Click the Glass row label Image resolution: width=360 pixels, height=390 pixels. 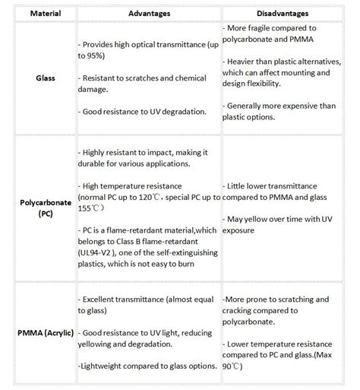pos(39,77)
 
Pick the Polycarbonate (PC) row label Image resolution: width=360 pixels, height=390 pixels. pos(39,208)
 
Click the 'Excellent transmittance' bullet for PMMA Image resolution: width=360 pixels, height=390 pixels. pos(144,305)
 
